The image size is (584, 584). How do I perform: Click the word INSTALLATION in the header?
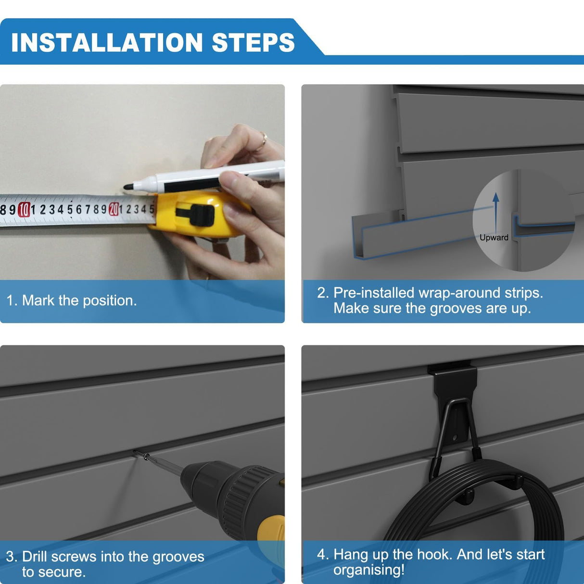tap(107, 42)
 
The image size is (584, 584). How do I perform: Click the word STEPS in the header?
tap(253, 42)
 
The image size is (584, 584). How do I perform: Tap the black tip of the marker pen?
tap(128, 187)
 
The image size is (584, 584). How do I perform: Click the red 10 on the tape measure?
tap(24, 209)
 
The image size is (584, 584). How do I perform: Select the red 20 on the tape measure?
tap(114, 209)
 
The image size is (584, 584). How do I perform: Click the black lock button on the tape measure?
tap(201, 215)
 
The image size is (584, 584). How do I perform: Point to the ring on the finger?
tap(263, 141)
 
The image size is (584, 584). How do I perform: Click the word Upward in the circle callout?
tap(494, 237)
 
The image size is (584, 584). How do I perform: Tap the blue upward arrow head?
tap(496, 197)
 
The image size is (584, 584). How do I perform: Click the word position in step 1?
tap(110, 301)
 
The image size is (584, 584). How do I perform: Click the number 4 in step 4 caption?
tap(321, 555)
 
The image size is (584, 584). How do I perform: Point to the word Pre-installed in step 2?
tap(374, 293)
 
